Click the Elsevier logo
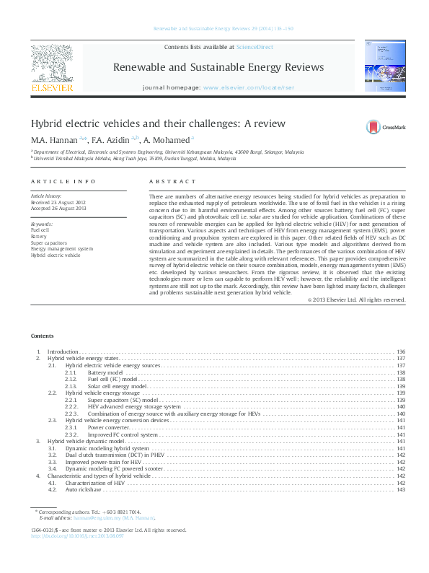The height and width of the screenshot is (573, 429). (52, 69)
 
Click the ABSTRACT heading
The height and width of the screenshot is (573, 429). (172, 182)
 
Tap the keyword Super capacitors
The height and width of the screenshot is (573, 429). (47, 243)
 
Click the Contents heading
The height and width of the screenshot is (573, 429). (42, 336)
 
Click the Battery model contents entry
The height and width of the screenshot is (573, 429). (105, 372)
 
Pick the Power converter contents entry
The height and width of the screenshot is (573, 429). (109, 427)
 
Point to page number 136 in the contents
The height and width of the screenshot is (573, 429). (401, 351)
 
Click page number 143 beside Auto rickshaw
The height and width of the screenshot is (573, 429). (401, 489)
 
